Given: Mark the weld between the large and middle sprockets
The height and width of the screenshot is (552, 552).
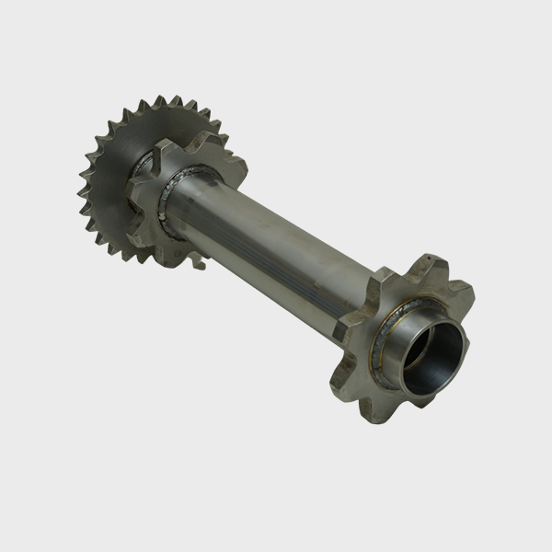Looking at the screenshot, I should pos(138,166).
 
